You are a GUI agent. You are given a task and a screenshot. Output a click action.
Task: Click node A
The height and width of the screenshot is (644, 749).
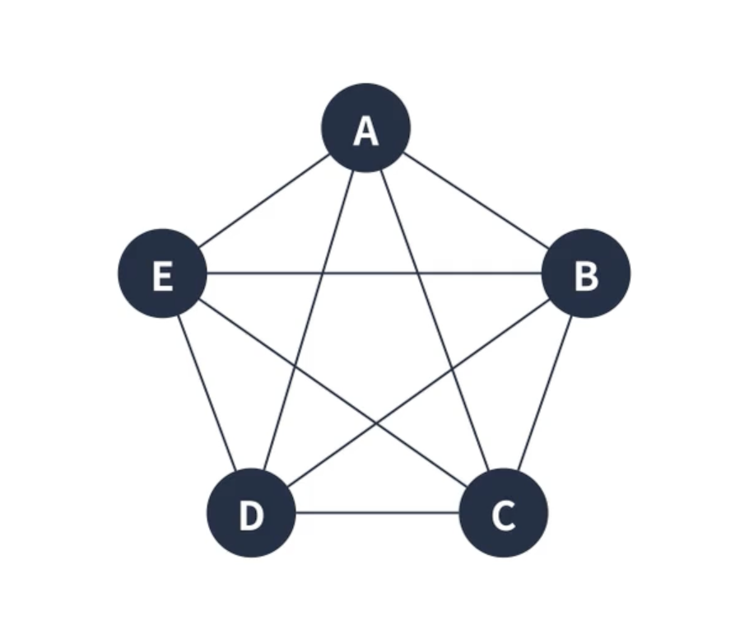(x=365, y=128)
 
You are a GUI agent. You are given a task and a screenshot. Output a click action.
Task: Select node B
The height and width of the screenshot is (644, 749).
(x=585, y=273)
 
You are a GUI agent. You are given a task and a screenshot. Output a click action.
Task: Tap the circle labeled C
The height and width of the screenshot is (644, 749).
(x=503, y=513)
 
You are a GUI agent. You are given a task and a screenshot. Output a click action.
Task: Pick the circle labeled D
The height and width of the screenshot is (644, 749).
(x=251, y=513)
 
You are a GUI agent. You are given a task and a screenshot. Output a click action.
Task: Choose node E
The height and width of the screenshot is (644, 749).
(x=162, y=273)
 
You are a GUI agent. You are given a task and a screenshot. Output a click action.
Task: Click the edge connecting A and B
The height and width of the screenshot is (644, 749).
(x=476, y=201)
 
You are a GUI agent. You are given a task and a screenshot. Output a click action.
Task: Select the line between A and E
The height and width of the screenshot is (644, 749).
(x=263, y=201)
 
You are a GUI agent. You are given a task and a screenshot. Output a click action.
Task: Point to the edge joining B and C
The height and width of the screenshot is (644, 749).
(x=544, y=394)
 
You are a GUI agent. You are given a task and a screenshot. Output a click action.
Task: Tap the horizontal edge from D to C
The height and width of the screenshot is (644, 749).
(x=377, y=513)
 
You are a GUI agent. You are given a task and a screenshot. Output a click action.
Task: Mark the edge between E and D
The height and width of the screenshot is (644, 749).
(x=207, y=394)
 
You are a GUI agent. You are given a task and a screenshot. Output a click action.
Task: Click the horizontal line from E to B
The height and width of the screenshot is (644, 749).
(x=374, y=273)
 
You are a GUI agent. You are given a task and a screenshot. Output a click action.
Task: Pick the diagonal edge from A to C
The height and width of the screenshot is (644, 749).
(x=435, y=321)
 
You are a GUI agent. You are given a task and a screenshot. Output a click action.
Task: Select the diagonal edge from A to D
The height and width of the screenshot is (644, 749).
(x=308, y=321)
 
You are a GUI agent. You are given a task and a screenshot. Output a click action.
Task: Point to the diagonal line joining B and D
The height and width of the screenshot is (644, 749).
(x=418, y=394)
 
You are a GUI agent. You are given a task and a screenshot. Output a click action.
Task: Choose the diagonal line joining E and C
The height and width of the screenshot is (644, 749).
(x=333, y=394)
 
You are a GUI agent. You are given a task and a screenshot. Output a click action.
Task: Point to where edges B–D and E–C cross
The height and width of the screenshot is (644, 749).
(x=377, y=424)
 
